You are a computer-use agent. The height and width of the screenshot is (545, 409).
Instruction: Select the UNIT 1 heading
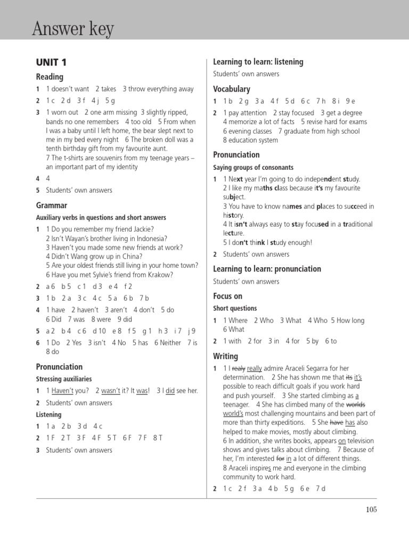click(x=51, y=63)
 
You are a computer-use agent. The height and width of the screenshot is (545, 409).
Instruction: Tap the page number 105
click(x=371, y=509)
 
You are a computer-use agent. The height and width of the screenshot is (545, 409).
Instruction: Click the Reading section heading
click(x=50, y=77)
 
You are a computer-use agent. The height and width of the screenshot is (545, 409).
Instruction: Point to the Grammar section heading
click(x=52, y=205)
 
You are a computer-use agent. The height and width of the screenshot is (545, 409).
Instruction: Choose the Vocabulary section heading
click(x=232, y=89)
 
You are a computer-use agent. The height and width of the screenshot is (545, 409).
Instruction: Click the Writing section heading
click(x=226, y=356)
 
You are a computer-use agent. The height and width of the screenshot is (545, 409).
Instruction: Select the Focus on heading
click(x=228, y=296)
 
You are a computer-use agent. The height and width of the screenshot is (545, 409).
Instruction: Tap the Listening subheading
click(x=48, y=415)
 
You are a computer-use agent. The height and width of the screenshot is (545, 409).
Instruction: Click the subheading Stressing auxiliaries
click(x=64, y=379)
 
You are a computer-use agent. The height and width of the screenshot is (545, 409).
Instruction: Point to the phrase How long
click(x=350, y=320)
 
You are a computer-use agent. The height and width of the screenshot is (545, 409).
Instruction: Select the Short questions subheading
click(x=235, y=308)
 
